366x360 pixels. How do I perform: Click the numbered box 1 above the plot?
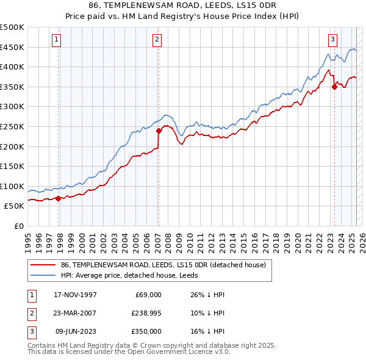click(x=56, y=40)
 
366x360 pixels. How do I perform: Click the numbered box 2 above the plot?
click(x=157, y=40)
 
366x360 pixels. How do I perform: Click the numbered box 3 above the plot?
click(x=332, y=40)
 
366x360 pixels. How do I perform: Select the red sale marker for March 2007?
click(x=159, y=131)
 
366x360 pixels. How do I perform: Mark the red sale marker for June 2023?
click(x=334, y=87)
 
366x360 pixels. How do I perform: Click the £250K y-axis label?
click(x=12, y=126)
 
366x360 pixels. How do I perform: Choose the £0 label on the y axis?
click(x=18, y=226)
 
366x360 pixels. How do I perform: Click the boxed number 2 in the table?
click(x=31, y=313)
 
